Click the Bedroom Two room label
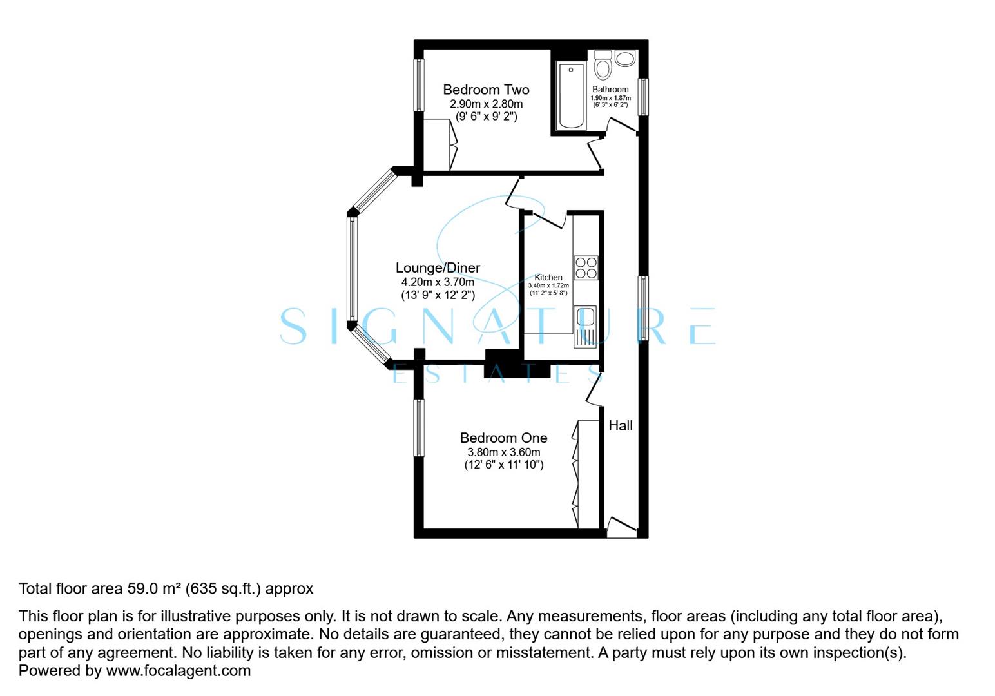tap(486, 90)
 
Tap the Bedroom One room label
tap(503, 438)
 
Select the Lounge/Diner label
tap(438, 268)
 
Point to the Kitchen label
tap(548, 278)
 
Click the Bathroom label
tap(610, 90)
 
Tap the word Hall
tap(621, 426)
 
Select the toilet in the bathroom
tap(603, 66)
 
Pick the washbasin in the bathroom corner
tap(625, 59)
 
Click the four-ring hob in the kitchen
tap(586, 267)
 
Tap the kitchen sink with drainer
tap(585, 325)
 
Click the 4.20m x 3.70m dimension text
tap(438, 282)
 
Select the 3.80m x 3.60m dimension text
tap(503, 452)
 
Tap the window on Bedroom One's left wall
tap(420, 427)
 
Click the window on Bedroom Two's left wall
tap(419, 85)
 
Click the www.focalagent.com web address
tap(178, 671)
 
